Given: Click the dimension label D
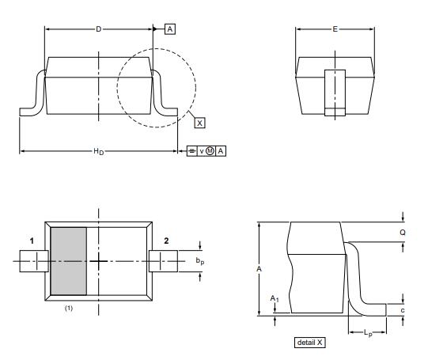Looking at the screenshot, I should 98,29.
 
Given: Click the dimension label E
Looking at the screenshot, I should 335,29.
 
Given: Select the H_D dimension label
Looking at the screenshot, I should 97,150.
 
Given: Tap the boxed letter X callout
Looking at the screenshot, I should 199,123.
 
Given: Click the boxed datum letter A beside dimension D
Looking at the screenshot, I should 169,29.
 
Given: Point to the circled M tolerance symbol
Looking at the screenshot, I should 210,150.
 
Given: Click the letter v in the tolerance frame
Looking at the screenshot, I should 201,150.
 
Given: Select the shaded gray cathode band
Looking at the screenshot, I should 69,260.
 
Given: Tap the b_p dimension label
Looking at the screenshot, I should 200,260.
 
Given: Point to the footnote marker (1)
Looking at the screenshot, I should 69,307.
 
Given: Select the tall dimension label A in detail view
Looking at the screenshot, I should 259,269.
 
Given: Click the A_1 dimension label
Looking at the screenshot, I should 275,300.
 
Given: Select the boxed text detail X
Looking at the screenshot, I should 309,343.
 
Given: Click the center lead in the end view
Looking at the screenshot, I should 335,93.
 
